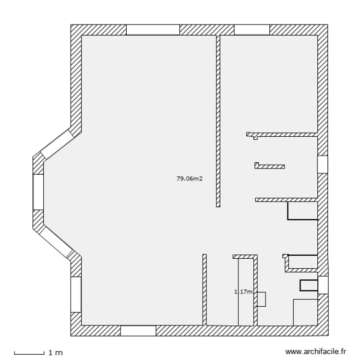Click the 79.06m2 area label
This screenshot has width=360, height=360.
(x=190, y=179)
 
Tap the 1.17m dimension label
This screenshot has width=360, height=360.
(x=243, y=291)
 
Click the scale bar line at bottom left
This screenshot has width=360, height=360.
(x=29, y=353)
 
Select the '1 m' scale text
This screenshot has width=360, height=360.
(x=56, y=353)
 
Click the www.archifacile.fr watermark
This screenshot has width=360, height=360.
(x=316, y=351)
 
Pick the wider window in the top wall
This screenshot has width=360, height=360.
(x=153, y=30)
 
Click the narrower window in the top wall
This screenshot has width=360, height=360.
(x=252, y=30)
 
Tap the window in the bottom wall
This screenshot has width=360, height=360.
(x=138, y=331)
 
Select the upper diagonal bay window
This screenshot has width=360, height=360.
(x=57, y=144)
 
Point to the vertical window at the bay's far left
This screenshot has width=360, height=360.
(x=38, y=192)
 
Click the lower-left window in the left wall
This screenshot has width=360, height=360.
(x=76, y=294)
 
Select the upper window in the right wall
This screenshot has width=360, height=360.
(x=323, y=164)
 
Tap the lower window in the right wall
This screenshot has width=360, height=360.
(x=323, y=285)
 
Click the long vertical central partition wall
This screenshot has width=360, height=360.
(x=218, y=121)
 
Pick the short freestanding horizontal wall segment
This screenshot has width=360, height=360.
(x=270, y=166)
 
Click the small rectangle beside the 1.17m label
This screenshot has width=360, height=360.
(x=261, y=299)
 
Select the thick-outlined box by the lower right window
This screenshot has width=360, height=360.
(x=309, y=286)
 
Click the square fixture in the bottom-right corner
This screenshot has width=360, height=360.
(x=306, y=312)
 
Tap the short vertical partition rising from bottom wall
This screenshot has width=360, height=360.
(x=204, y=290)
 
